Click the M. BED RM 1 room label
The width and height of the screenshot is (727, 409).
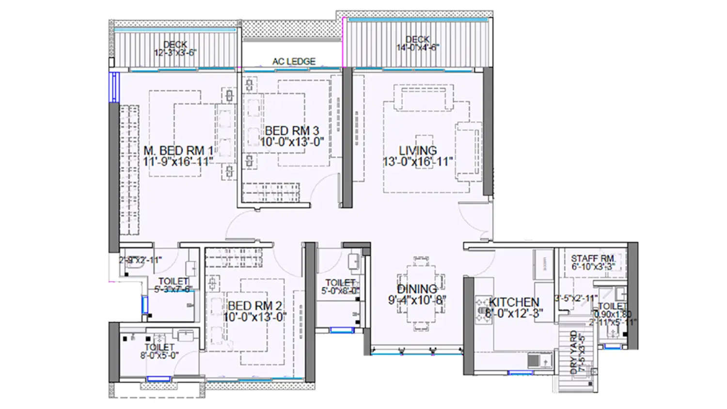[178, 151]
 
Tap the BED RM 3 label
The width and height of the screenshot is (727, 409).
[292, 131]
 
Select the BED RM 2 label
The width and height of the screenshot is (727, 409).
[254, 306]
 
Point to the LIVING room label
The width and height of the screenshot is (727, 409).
[418, 151]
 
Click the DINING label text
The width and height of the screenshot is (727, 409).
[417, 289]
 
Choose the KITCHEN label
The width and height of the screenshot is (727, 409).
[514, 302]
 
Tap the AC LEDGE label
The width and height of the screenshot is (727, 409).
[294, 62]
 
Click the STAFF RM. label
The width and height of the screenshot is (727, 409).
[593, 259]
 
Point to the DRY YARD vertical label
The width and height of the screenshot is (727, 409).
[574, 352]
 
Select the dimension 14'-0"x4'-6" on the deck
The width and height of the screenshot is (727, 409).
[417, 47]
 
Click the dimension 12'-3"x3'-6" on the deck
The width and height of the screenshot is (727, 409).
[175, 52]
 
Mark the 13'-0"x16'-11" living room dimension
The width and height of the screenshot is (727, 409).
[418, 162]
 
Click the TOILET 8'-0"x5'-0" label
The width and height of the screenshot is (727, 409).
[159, 351]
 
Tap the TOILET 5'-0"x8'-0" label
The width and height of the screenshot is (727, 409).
[340, 286]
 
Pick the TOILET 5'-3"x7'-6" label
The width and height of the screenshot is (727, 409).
[173, 285]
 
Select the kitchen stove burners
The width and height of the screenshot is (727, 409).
[483, 309]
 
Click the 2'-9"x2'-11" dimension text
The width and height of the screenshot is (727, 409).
[141, 260]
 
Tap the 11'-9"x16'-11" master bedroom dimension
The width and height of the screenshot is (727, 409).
[178, 162]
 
